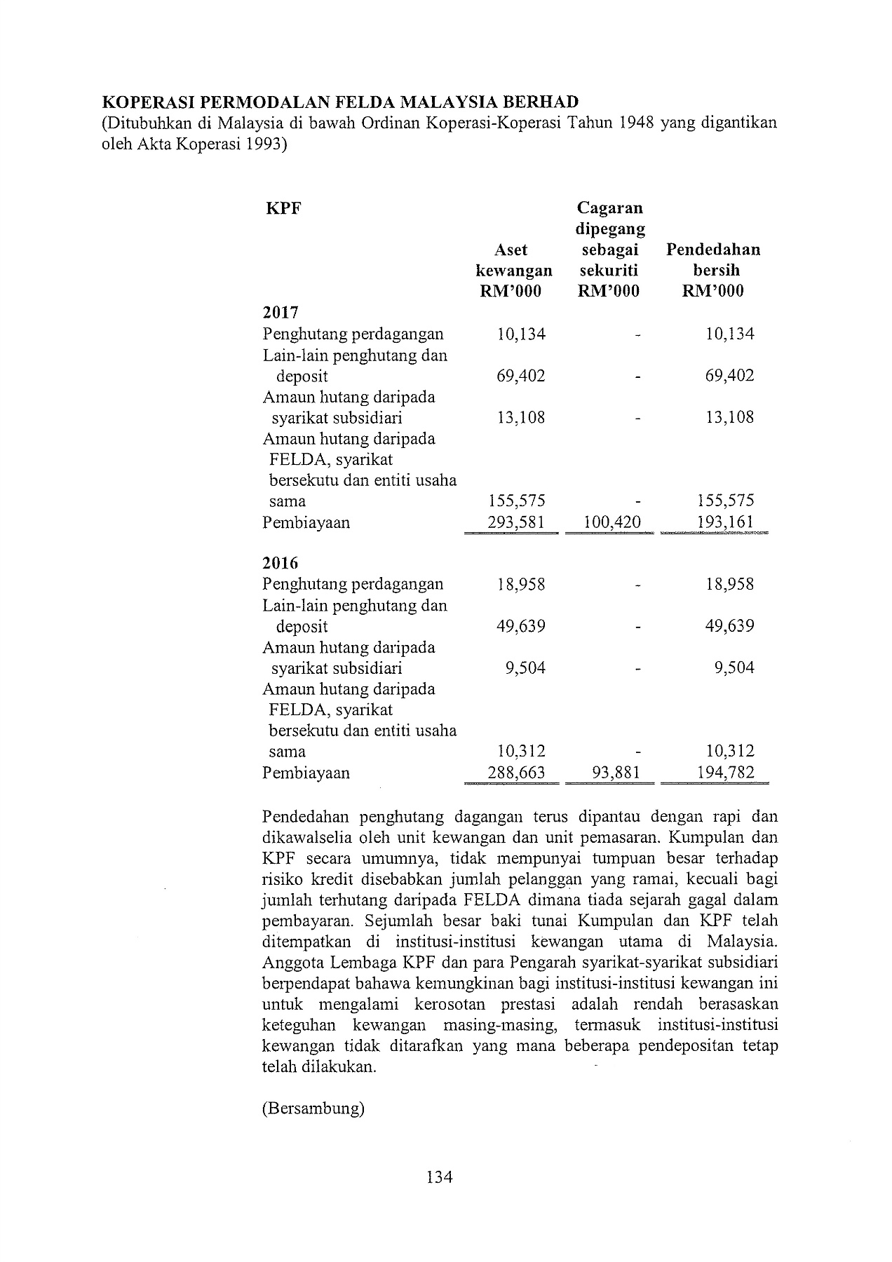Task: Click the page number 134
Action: click(x=440, y=1176)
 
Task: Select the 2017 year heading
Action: click(x=281, y=313)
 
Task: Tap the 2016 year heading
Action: click(x=281, y=563)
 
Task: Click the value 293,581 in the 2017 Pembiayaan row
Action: click(x=516, y=522)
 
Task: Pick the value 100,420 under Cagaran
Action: click(x=612, y=522)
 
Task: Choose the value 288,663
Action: click(x=516, y=773)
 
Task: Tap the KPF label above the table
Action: click(x=284, y=208)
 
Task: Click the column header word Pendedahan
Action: click(x=713, y=250)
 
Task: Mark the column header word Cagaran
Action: click(x=609, y=208)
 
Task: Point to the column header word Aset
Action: click(x=511, y=250)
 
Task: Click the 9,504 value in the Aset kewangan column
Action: click(x=525, y=667)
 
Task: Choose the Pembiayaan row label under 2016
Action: click(x=306, y=773)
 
